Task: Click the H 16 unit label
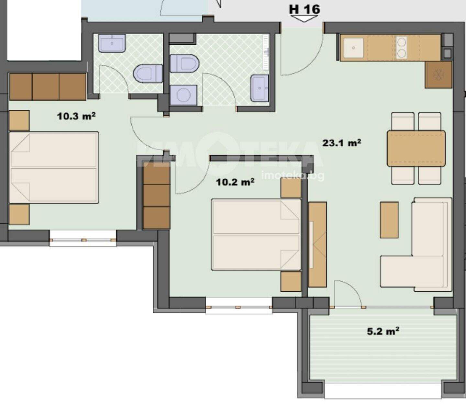[304, 10]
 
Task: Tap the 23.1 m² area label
[342, 143]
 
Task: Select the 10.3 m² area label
[76, 116]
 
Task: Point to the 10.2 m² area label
[235, 182]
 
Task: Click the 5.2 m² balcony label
[383, 331]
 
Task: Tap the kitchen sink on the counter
[353, 48]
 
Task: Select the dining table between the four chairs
[416, 148]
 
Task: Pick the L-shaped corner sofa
[416, 244]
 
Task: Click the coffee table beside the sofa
[389, 220]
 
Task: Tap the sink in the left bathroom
[112, 43]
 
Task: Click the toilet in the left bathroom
[148, 73]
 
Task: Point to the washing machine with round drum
[183, 95]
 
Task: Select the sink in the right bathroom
[260, 88]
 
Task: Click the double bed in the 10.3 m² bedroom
[54, 167]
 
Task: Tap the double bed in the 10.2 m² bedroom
[256, 235]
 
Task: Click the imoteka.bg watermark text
[293, 175]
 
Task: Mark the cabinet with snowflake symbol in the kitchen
[438, 74]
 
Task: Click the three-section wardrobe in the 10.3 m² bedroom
[48, 86]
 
